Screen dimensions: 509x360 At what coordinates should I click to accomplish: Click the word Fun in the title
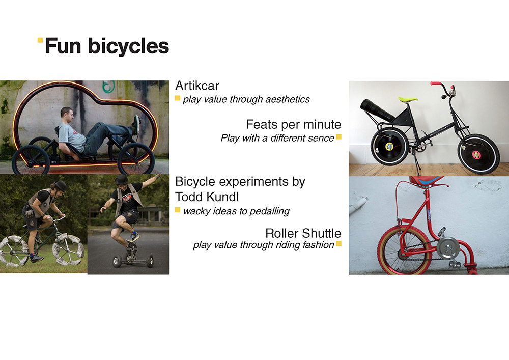coord(63,46)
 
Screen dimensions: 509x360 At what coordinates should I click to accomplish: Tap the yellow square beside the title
coord(40,40)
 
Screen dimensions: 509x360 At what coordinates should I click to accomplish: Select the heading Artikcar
coord(197,86)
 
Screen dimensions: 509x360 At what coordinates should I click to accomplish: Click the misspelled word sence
coord(322,139)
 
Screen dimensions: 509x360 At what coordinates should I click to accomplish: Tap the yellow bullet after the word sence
coord(338,137)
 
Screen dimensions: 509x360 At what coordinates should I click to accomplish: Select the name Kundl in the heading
coord(223,197)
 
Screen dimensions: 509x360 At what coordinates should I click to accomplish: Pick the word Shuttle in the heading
coord(322,233)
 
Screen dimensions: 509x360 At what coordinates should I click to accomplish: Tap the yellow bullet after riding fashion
coord(338,243)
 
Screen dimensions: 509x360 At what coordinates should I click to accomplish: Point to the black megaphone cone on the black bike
coord(377,109)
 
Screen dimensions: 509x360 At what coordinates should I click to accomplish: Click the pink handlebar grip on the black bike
coord(436,84)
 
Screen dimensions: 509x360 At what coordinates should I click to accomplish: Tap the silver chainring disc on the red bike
coord(447,248)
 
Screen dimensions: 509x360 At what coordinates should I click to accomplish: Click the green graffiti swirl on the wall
coord(109,87)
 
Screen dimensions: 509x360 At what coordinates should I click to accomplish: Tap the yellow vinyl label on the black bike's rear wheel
coord(389,147)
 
